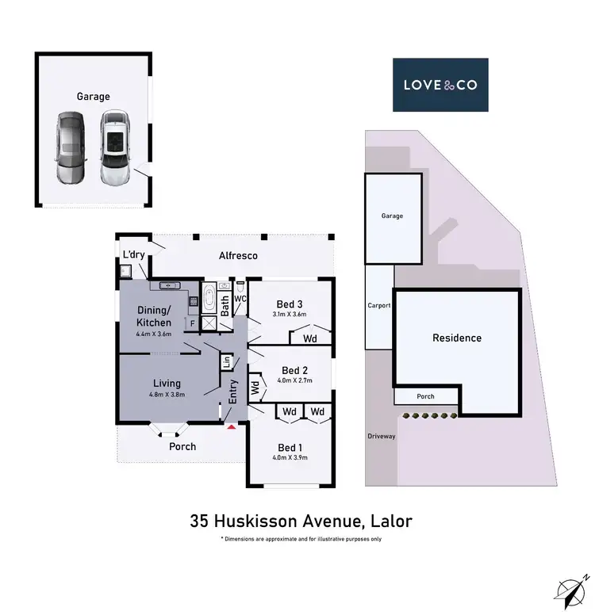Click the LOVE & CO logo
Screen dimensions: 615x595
(440, 84)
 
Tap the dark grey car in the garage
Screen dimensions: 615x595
(70, 147)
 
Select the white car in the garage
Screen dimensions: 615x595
(114, 147)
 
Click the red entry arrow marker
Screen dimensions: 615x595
(231, 426)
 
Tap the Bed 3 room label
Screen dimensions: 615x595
(289, 304)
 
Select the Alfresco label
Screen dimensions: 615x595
(238, 256)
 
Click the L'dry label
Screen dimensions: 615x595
(133, 254)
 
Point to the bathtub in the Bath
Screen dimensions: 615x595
(209, 300)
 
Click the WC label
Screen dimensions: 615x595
(240, 299)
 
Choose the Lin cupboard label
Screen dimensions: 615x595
(225, 361)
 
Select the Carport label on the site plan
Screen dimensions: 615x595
(378, 306)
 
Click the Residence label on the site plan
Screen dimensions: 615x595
(456, 338)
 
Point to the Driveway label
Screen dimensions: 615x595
(381, 436)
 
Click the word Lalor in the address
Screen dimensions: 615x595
(388, 521)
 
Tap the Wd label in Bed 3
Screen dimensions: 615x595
(310, 338)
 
